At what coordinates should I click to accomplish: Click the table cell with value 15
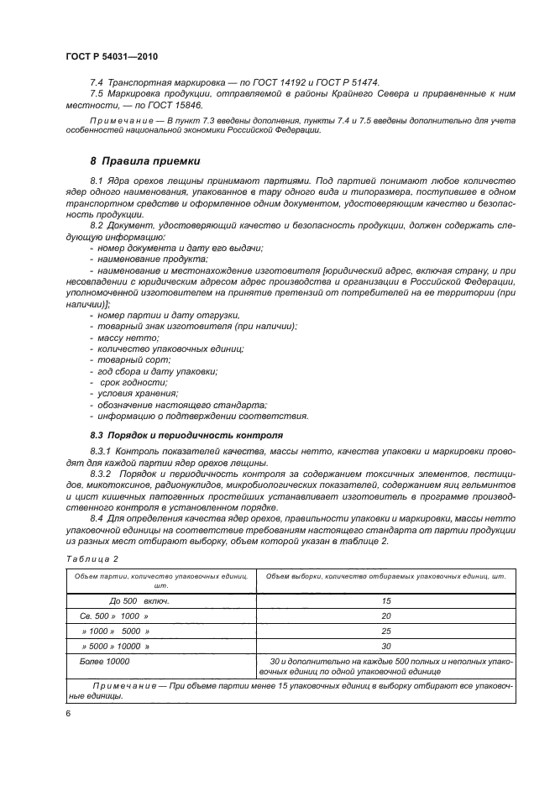386,600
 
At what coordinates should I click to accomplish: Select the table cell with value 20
386,616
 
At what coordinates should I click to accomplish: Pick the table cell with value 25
386,631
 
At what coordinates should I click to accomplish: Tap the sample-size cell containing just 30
386,646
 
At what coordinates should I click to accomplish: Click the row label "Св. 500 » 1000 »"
114,616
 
